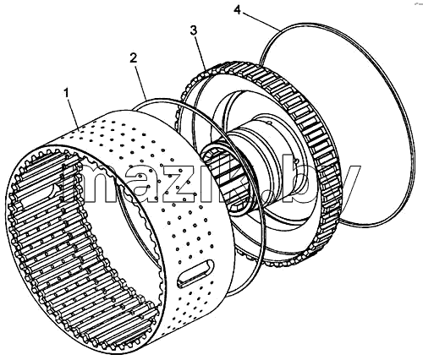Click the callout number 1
click(x=67, y=93)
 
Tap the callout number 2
click(x=134, y=58)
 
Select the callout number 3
click(x=194, y=30)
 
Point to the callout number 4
click(x=238, y=11)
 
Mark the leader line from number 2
click(x=141, y=81)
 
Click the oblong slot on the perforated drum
click(x=195, y=274)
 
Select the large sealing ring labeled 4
click(x=407, y=118)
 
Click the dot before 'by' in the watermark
click(x=268, y=196)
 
